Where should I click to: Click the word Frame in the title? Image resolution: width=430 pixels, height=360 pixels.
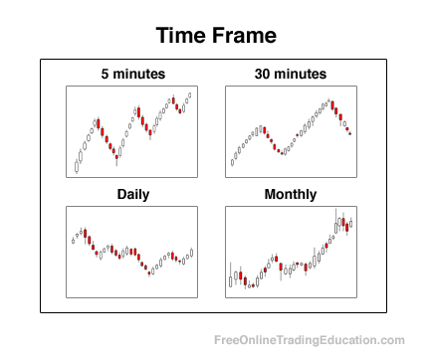coord(246,37)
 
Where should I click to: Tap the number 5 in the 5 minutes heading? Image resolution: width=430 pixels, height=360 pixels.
coord(105,75)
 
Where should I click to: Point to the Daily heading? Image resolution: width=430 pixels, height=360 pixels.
coord(132,194)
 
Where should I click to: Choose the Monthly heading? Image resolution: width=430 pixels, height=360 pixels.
coord(291,194)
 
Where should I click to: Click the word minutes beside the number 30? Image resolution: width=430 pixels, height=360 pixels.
coord(303,75)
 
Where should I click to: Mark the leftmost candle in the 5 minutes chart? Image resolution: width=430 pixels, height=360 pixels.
coord(77,166)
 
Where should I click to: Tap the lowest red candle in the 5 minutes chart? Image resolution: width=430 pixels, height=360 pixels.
coord(116,157)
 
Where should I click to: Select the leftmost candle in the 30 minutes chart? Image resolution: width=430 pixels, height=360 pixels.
coord(231,162)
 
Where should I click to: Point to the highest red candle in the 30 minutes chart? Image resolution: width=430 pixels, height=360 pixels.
coord(333,103)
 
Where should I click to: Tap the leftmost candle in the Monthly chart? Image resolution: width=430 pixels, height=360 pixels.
coord(230,280)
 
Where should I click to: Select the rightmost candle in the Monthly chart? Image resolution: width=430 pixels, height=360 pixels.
coord(351,224)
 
